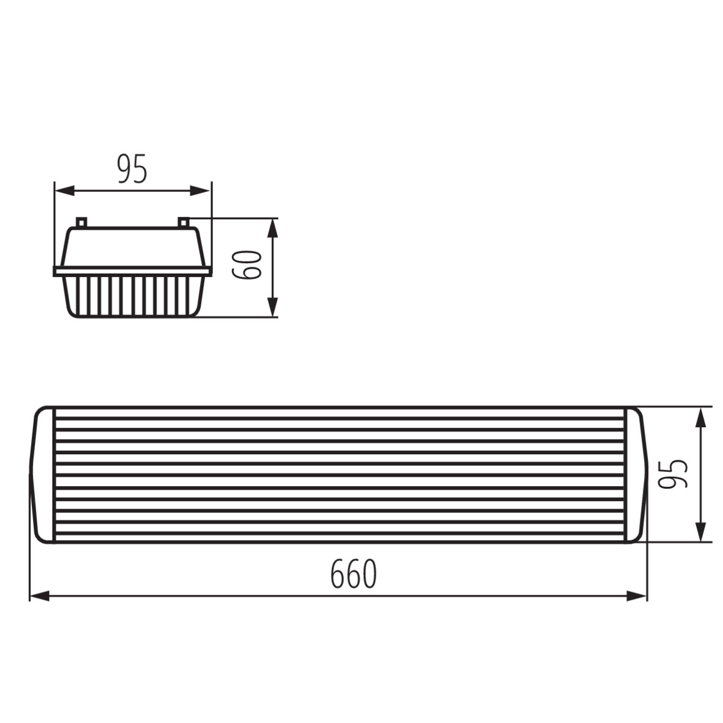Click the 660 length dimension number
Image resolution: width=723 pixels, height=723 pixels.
(x=354, y=574)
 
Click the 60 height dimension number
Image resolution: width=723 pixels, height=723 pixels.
(x=247, y=265)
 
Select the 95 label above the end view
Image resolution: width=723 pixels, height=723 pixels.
(x=132, y=169)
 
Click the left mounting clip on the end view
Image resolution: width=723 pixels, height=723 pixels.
(x=81, y=222)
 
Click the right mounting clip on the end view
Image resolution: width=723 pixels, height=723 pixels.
(x=184, y=222)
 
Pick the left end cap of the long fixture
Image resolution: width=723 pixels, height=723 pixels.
(x=44, y=475)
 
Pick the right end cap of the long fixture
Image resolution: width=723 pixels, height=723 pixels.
(x=635, y=475)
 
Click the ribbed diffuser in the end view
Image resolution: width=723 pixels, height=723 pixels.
(x=133, y=295)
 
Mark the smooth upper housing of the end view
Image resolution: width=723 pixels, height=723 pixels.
(x=133, y=247)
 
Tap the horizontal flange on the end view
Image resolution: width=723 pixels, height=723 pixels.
(x=133, y=271)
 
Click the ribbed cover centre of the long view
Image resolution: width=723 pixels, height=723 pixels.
(x=340, y=475)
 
